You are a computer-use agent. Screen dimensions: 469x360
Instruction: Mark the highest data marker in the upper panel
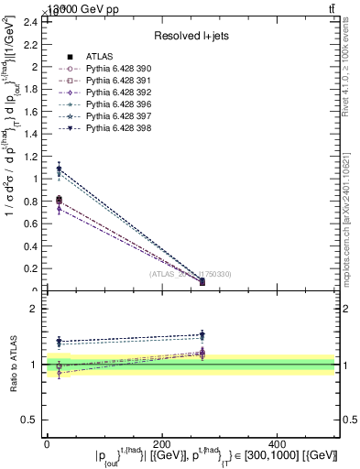(59, 169)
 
